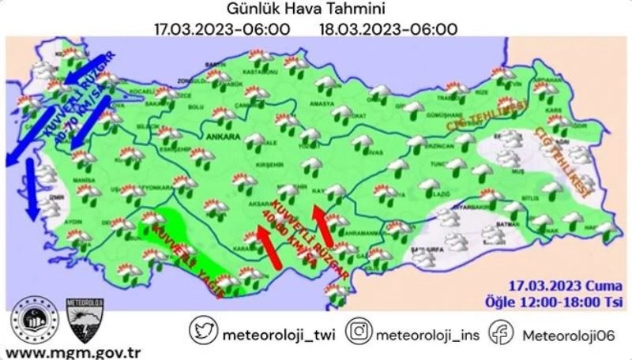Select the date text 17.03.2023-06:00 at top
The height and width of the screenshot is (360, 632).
[222, 29]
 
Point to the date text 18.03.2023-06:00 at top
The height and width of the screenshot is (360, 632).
[389, 29]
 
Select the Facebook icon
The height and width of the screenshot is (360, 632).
[501, 332]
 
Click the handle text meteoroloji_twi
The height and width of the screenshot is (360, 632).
[279, 333]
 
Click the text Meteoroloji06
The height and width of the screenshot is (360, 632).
[569, 333]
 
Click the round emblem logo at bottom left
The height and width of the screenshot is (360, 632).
[32, 317]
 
